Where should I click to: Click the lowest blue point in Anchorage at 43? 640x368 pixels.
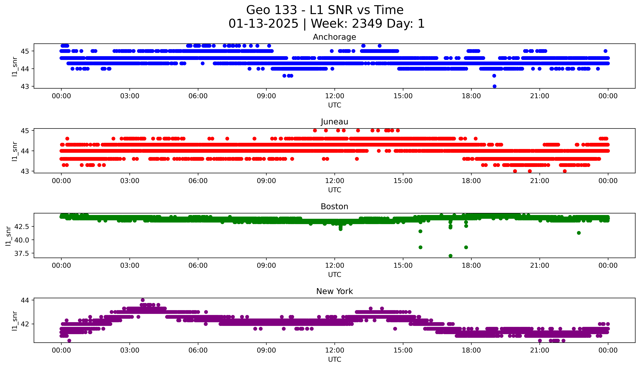coord(494,86)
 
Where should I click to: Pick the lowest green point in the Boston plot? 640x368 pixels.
coord(450,256)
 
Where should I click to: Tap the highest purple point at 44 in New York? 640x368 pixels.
coord(143,300)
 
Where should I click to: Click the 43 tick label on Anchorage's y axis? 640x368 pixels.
coord(25,86)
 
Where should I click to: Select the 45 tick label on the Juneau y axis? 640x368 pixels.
coord(25,131)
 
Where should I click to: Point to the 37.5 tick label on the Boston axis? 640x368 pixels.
coord(22,253)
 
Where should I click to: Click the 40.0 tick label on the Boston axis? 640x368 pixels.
coord(22,240)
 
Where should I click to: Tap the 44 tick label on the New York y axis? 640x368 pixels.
coord(25,300)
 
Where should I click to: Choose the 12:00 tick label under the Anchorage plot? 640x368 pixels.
coord(334,96)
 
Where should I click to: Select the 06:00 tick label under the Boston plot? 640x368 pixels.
coord(198,265)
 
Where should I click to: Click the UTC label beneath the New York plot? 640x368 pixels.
coord(334,359)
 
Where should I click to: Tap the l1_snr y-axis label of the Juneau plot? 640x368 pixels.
coord(15,151)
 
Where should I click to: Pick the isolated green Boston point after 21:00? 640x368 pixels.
coord(579,233)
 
